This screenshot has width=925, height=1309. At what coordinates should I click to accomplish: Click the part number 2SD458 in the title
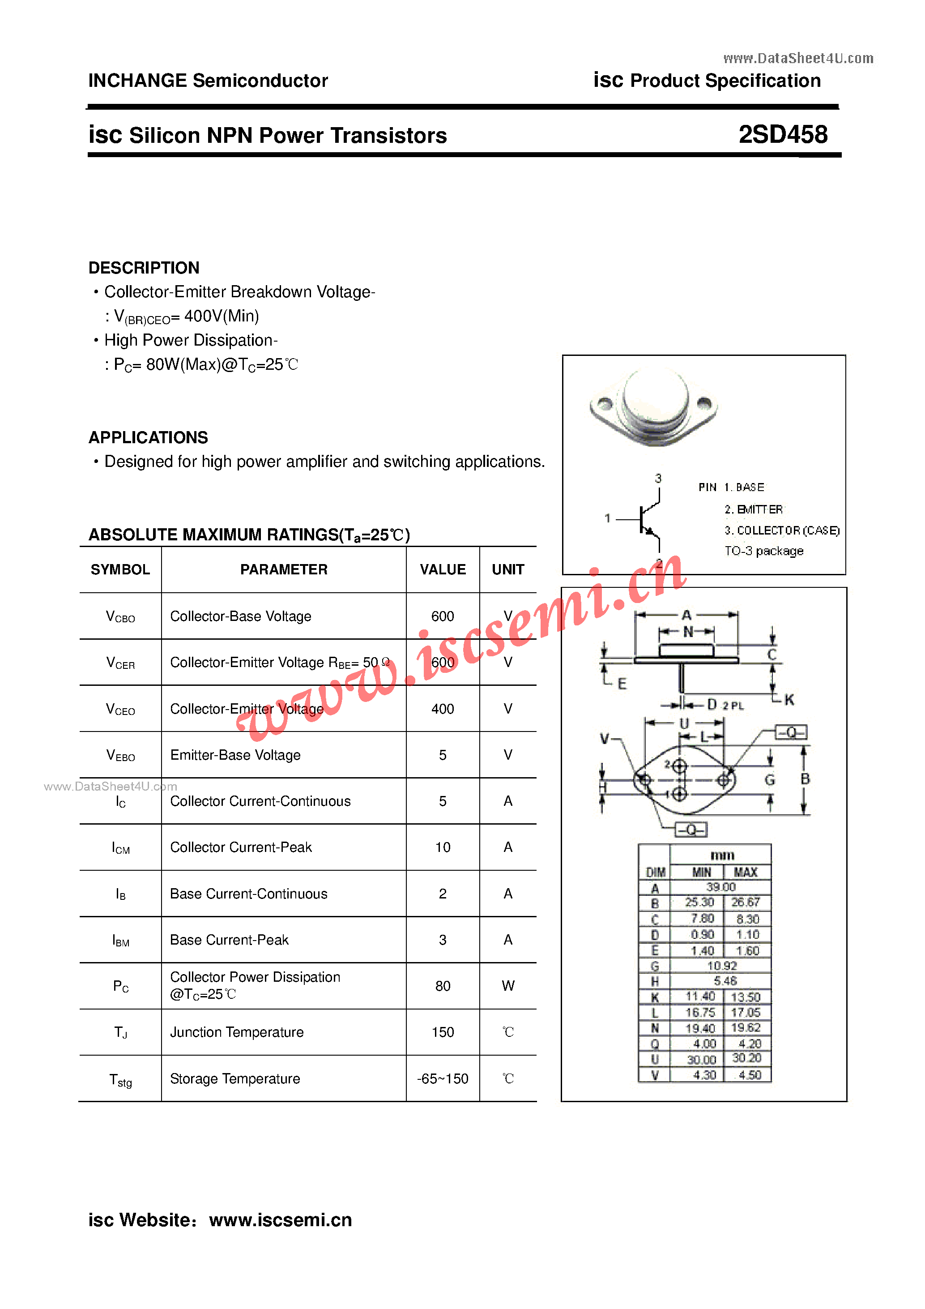[783, 135]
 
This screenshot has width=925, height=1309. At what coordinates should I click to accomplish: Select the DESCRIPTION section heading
[144, 268]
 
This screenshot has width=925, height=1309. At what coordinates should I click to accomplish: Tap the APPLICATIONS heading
[148, 437]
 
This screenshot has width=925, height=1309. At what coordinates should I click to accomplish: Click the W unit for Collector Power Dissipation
[508, 986]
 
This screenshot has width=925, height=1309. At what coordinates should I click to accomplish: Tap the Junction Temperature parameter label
[237, 1032]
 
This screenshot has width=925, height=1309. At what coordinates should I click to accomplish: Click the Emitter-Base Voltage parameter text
[235, 755]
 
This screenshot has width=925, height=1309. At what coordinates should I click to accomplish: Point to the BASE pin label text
[750, 488]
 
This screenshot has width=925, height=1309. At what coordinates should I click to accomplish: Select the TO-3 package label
[764, 551]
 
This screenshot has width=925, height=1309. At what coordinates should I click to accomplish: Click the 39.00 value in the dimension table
[720, 887]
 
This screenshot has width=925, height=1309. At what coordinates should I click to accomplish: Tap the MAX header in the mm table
[746, 872]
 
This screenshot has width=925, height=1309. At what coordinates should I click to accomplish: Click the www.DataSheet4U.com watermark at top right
[798, 58]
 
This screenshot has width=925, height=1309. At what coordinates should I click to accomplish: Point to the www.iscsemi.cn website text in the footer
[281, 1220]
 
